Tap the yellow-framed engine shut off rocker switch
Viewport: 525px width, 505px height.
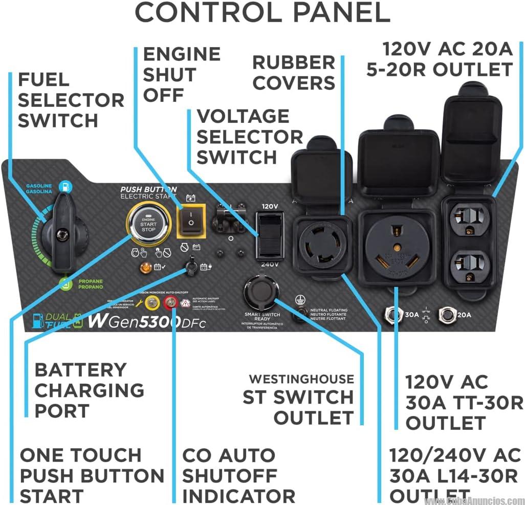190,221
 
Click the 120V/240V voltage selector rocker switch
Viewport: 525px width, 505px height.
270,234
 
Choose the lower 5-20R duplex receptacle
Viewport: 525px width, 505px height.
468,265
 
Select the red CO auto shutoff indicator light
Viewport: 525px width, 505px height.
169,303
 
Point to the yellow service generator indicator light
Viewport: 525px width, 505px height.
151,303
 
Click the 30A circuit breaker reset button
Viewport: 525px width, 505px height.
392,314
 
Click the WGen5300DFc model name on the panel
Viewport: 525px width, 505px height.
146,322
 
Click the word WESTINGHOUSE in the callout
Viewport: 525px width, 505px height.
301,379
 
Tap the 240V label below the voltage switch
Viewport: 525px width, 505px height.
269,264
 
